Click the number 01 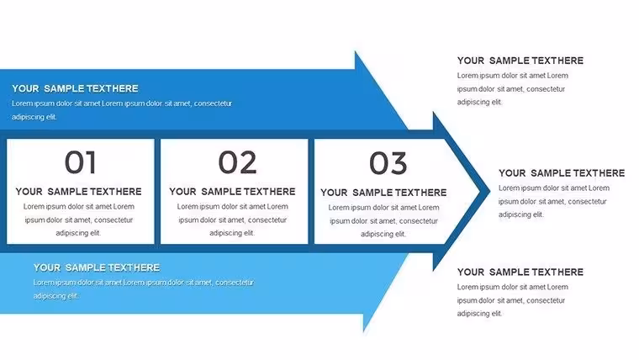[x=80, y=162]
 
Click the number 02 [x=237, y=162]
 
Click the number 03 [x=388, y=163]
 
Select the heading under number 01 [x=79, y=192]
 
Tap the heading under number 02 [x=232, y=192]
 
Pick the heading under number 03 [x=383, y=193]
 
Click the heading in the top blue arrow [x=75, y=88]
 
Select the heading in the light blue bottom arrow [x=97, y=267]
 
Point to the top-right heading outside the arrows [x=520, y=61]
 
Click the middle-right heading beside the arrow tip [x=562, y=173]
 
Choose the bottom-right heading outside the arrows [x=520, y=272]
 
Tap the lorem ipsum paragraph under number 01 [x=79, y=220]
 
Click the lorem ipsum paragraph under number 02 [x=232, y=220]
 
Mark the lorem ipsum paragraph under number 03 [x=383, y=220]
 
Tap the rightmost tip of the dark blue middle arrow [x=490, y=191]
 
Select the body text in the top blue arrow [x=122, y=110]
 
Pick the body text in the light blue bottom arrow [x=144, y=289]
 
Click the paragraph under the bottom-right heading [x=512, y=300]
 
